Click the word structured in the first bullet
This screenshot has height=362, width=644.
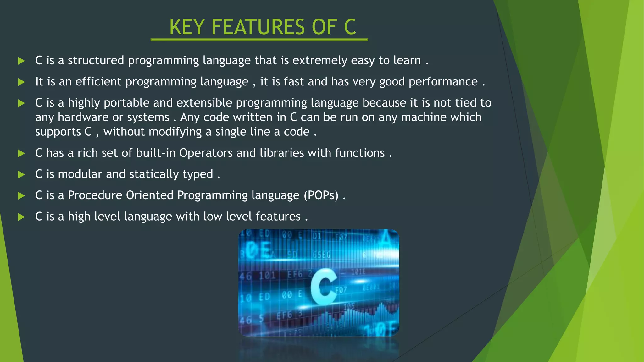point(96,60)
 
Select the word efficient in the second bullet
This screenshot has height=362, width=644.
point(98,82)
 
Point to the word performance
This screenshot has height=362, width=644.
point(443,82)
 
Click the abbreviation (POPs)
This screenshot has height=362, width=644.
point(321,195)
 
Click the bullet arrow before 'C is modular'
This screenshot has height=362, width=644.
point(21,174)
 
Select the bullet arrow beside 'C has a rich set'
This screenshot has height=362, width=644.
point(21,153)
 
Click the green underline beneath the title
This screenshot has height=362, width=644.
point(259,40)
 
